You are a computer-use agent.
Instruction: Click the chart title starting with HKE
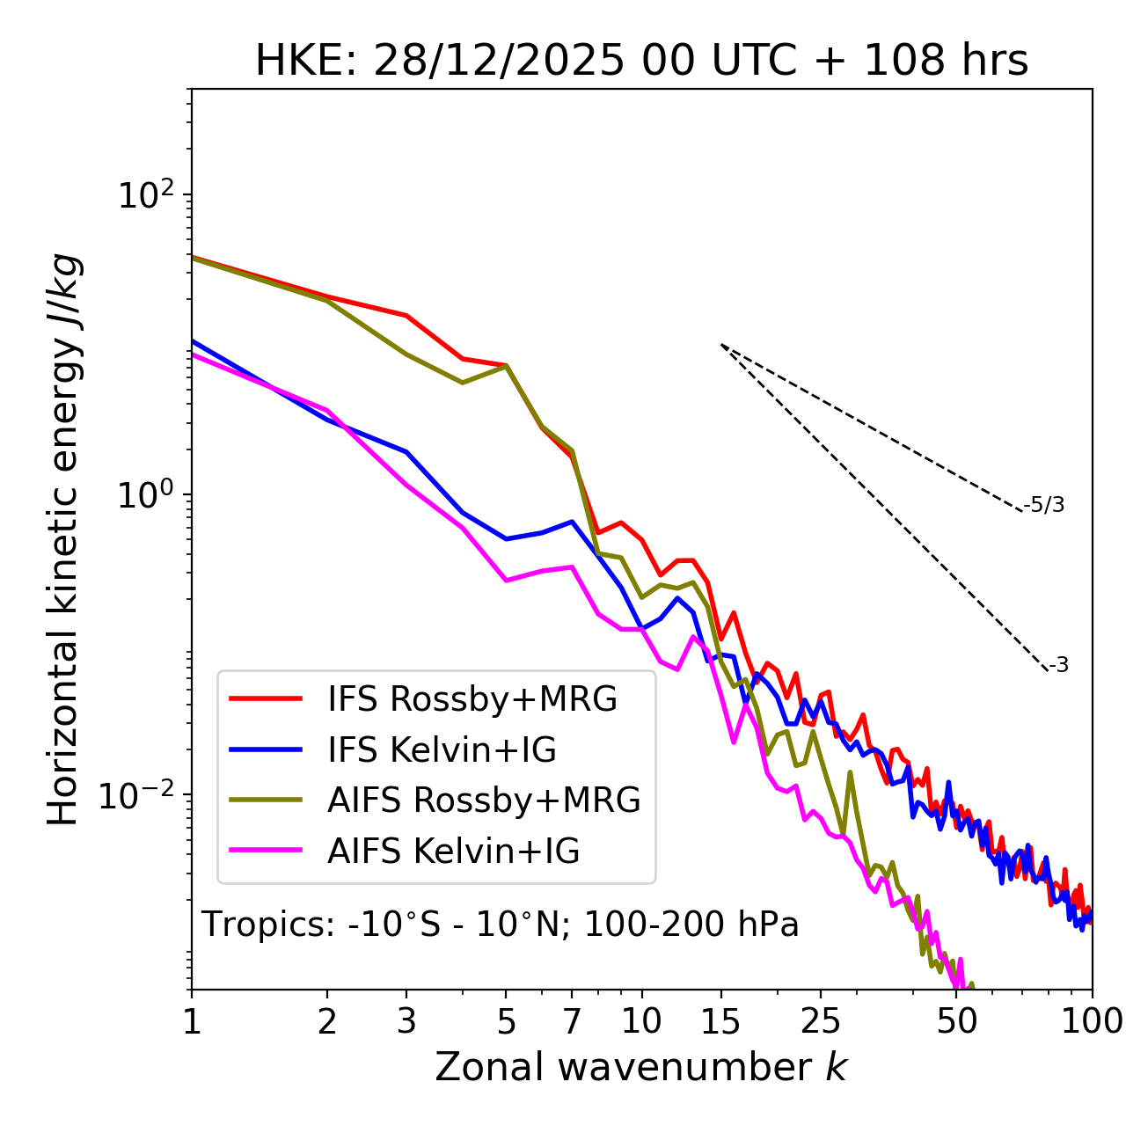tap(641, 62)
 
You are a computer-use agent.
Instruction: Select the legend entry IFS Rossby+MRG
tap(472, 699)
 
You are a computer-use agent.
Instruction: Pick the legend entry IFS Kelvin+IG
tap(442, 750)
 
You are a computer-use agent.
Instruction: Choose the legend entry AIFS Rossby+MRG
tap(484, 800)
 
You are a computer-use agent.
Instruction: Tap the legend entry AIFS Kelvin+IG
tap(453, 852)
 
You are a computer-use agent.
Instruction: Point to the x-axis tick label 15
tap(720, 1021)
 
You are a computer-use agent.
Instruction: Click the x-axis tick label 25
tap(820, 1021)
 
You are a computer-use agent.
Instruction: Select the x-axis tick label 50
tap(957, 1021)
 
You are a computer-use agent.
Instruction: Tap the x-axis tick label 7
tap(572, 1021)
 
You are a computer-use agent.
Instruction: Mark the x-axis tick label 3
tap(406, 1021)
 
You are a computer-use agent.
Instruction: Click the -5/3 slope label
tap(1044, 506)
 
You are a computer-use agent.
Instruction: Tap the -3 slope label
tap(1058, 666)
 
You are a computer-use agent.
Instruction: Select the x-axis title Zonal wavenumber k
tap(640, 1068)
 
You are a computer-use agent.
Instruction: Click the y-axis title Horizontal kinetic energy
tap(63, 539)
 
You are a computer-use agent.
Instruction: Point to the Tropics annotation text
tap(501, 925)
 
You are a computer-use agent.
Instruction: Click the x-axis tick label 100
tap(1092, 1021)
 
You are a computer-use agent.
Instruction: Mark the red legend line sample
tap(265, 699)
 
